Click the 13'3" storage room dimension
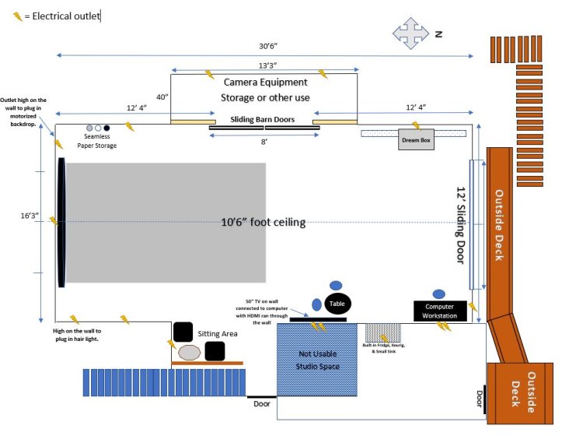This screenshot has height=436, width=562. [264, 65]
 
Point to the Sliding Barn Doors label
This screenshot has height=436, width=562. [263, 120]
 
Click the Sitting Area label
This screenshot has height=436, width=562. [218, 333]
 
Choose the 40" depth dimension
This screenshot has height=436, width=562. [162, 97]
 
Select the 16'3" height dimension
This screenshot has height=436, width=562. [26, 215]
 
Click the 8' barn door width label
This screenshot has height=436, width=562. [264, 142]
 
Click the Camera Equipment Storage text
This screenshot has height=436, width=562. [265, 89]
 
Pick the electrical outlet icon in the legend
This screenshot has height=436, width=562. [16, 16]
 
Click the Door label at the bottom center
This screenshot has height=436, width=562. [262, 403]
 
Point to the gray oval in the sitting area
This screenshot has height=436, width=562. [190, 353]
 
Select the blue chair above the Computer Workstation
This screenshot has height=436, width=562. [439, 294]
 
